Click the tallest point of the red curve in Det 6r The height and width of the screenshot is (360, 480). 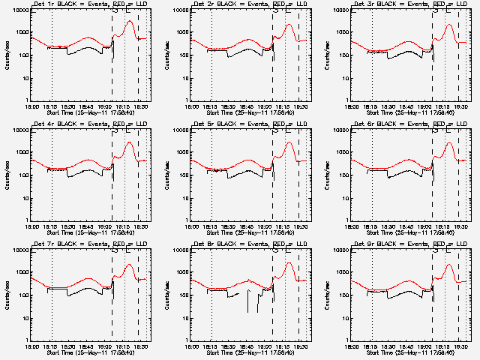click(449, 143)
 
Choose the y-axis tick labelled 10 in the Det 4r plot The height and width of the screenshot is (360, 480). click(25, 197)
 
